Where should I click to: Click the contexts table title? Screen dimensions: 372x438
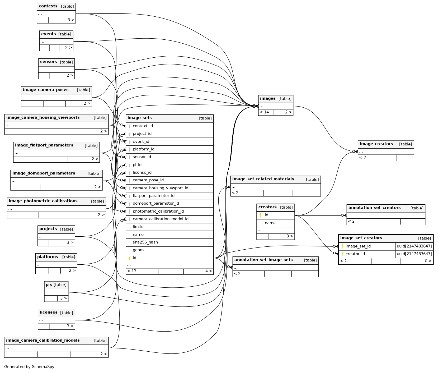pos(48,6)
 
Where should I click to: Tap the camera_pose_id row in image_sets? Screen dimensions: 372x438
pos(148,180)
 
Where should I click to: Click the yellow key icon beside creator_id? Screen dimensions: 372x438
pos(342,254)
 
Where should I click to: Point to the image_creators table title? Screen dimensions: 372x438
pos(376,144)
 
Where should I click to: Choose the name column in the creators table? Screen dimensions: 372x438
pos(270,223)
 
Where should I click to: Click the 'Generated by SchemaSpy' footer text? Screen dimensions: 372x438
pos(29,367)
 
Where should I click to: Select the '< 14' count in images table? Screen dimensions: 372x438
pos(264,112)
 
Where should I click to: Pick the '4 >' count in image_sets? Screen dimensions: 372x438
pos(209,271)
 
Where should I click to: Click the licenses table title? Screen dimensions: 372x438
pos(49,313)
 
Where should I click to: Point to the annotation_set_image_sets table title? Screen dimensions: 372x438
pos(263,260)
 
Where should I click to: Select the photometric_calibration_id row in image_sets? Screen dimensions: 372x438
pos(158,211)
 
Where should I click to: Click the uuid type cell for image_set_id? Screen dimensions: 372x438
pos(414,246)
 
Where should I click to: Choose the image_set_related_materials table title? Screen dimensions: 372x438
pos(263,179)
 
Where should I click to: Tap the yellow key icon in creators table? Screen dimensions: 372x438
pos(260,215)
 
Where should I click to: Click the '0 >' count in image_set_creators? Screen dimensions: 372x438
pos(428,261)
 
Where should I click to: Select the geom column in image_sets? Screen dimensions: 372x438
pos(138,250)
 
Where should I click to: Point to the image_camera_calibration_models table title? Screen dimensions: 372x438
pos(43,341)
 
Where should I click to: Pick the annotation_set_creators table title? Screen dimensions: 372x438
pos(374,208)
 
